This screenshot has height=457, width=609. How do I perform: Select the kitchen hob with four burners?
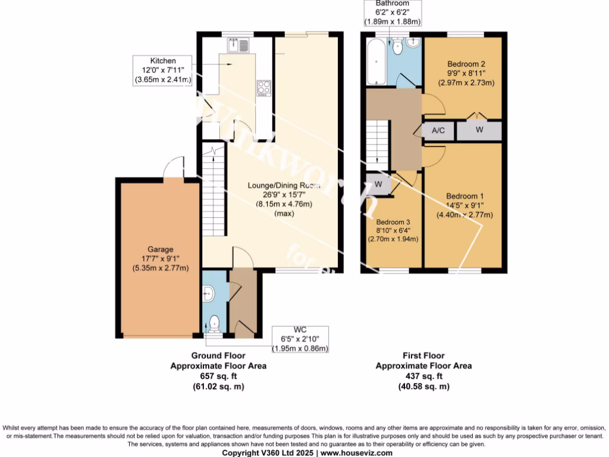pos(263,88)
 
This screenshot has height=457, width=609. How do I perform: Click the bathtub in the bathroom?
pos(375,62)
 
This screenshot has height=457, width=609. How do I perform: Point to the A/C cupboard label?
pos(438,131)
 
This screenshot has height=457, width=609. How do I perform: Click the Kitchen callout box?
pos(163,70)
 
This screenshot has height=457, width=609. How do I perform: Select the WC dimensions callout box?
pos(300,339)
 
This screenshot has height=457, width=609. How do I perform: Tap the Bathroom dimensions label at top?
pos(393,12)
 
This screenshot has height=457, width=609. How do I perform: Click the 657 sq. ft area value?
pos(218,376)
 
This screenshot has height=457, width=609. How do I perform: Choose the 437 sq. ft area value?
pos(423,376)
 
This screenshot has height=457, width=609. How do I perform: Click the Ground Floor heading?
pos(218,356)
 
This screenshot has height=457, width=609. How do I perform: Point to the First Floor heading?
pos(423,356)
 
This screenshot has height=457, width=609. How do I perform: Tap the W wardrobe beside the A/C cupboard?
pos(479,130)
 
